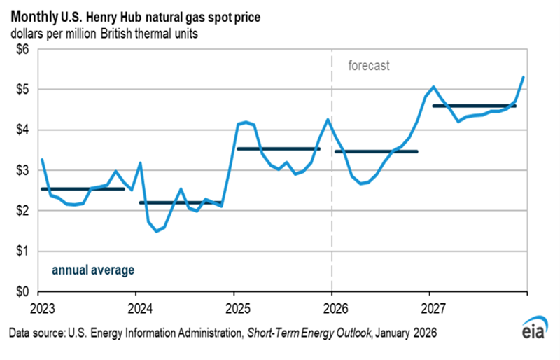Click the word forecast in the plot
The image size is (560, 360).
coord(369,67)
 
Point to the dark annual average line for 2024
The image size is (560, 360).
coord(181,202)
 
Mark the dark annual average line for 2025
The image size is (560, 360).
coord(279,148)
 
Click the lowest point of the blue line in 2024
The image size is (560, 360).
coord(156,230)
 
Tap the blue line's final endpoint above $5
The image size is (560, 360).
coord(523,77)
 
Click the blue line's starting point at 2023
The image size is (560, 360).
coord(41,160)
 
